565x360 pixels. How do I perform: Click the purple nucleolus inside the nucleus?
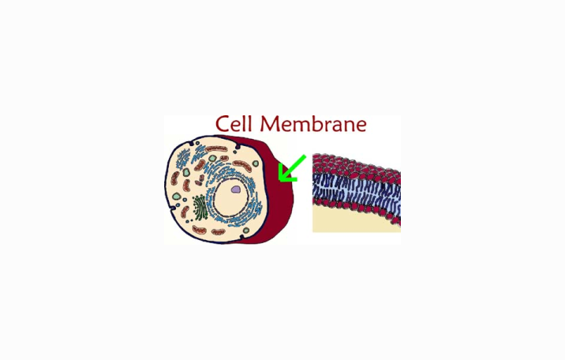236,189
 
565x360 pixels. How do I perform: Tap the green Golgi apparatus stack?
200,207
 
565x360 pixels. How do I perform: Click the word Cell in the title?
233,124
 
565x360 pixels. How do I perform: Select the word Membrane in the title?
313,124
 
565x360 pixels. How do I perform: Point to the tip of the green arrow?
279,179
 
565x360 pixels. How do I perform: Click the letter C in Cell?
222,124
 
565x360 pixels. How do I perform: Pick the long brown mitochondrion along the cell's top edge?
216,148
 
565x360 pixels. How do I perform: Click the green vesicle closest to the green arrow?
256,163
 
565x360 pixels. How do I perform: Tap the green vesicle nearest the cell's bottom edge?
245,231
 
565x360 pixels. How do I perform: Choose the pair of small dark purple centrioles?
200,180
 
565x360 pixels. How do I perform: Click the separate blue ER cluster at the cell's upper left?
183,159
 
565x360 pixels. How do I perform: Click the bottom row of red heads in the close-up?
357,209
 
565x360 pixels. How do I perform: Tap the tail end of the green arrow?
305,156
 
